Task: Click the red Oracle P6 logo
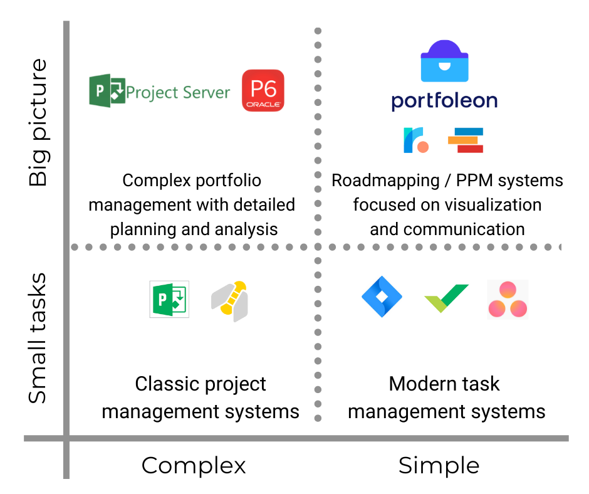(263, 90)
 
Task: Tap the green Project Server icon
(107, 91)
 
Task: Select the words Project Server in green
(178, 93)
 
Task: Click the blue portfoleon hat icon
(444, 61)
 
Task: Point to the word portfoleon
(444, 101)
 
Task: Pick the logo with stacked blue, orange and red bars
(466, 140)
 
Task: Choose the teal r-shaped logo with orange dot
(416, 140)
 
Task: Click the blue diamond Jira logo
(382, 297)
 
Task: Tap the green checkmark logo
(446, 298)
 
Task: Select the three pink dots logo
(508, 300)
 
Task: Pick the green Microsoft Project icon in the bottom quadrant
(169, 299)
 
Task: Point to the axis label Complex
(194, 465)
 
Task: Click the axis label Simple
(439, 466)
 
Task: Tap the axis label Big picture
(38, 123)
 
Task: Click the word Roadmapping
(385, 181)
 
